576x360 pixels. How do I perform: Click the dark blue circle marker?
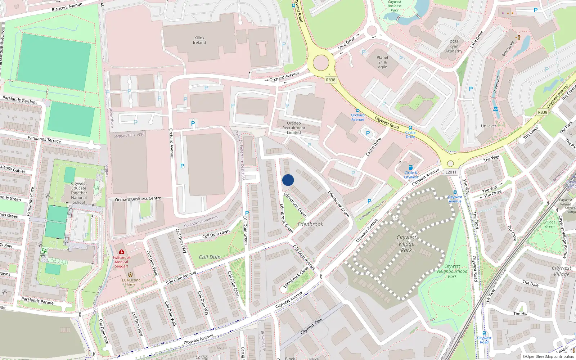pos(288,180)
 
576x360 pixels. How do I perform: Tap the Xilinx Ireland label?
pos(199,40)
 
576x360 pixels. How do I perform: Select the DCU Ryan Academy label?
pos(454,46)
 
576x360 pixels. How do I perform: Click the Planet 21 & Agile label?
pos(382,62)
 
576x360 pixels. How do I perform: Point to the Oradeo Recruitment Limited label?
pos(294,128)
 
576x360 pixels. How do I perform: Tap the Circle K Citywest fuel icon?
pos(410,167)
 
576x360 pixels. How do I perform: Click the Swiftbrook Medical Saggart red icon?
pos(122,252)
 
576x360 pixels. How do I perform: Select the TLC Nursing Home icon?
pos(130,275)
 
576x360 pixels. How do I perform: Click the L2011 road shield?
pos(451,172)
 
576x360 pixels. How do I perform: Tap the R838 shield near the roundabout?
pos(330,80)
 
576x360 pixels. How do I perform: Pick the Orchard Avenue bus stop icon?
pos(357,111)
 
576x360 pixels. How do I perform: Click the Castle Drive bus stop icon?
pos(410,128)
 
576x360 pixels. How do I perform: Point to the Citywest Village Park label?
pos(406,244)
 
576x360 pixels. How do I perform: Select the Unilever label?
pos(489,126)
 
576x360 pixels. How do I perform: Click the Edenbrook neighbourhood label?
pos(310,224)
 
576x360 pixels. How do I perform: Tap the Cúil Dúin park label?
pos(210,257)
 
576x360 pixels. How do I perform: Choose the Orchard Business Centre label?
pos(138,199)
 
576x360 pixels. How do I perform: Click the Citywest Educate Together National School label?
pos(79,193)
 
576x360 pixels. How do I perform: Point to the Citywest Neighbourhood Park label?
pos(452,271)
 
